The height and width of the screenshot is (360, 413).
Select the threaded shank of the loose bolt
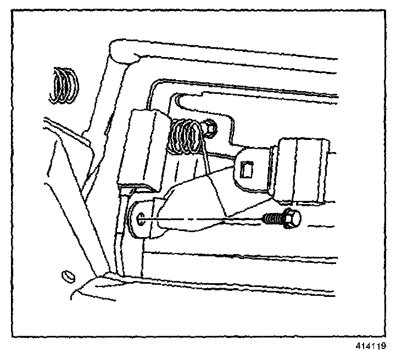coord(272,220)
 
